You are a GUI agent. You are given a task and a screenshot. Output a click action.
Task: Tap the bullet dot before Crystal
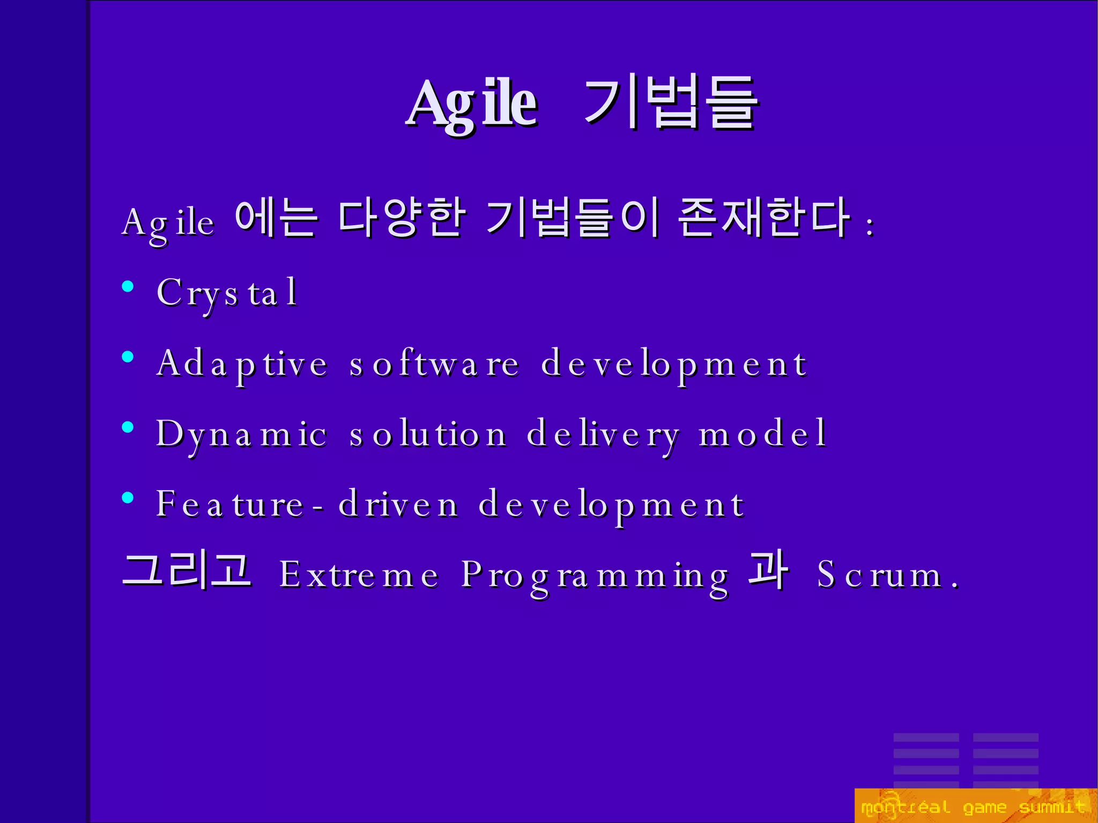pos(128,286)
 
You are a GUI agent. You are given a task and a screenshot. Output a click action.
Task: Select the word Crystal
pos(227,293)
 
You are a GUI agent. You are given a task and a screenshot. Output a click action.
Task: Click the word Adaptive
pos(242,364)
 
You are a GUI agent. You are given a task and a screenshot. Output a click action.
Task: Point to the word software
pos(434,364)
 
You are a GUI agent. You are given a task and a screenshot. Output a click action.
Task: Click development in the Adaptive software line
pos(674,364)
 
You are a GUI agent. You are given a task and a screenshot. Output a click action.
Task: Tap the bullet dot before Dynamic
pos(128,427)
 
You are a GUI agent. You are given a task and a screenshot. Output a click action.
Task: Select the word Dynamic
pos(241,434)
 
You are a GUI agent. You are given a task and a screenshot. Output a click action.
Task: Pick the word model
pos(762,433)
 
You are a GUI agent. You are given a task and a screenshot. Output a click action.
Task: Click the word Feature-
pos(240,505)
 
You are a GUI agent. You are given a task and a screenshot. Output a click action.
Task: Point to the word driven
pos(398,505)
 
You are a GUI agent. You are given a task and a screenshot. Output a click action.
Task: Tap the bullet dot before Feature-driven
pos(128,498)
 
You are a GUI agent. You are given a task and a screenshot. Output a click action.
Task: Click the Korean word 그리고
pos(187,570)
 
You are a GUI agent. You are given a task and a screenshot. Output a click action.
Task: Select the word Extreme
pos(359,575)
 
